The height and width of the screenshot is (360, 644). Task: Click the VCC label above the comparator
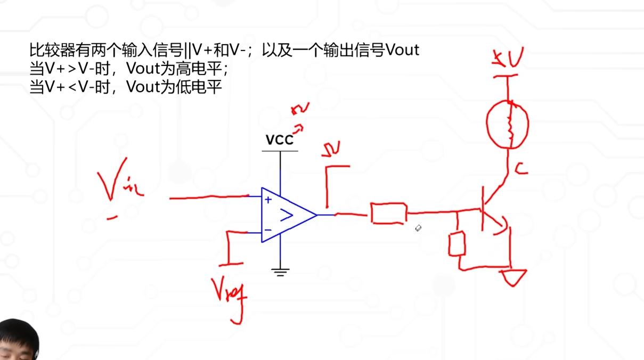tap(280, 140)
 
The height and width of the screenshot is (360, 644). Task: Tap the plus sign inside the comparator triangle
tap(268, 200)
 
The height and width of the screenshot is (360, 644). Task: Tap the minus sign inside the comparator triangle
tap(268, 230)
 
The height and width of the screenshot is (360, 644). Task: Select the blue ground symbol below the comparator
tap(280, 272)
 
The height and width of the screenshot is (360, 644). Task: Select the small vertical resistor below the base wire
tap(457, 244)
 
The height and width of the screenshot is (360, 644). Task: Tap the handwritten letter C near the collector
tap(521, 169)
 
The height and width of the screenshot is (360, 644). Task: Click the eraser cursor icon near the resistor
tap(418, 228)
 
